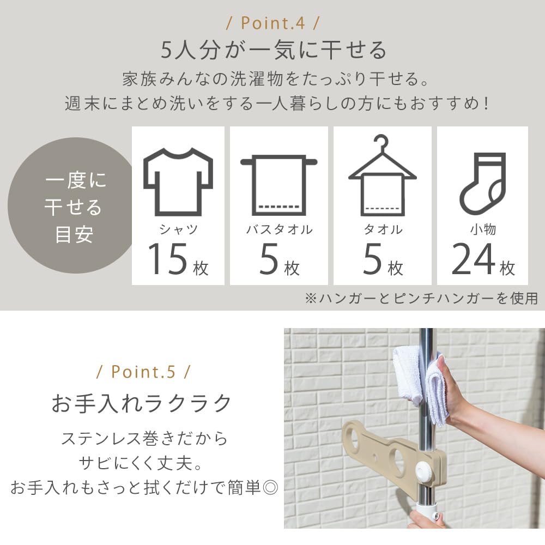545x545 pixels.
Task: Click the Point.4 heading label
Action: point(272,25)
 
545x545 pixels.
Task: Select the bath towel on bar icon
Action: point(278,183)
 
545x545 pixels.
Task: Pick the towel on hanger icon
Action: point(382,174)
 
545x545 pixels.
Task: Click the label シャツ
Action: point(178,229)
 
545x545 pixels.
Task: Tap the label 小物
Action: point(483,229)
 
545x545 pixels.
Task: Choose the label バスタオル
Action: point(279,229)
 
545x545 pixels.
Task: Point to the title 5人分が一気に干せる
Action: point(272,51)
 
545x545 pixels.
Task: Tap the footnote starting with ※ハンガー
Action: point(421,298)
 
